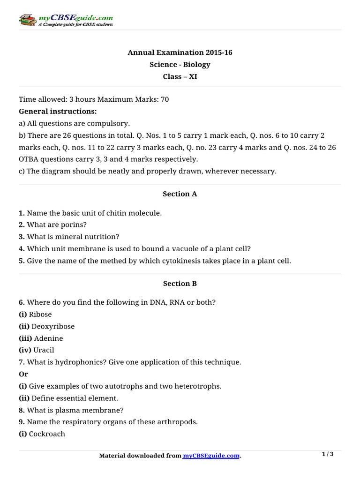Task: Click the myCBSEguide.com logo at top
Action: (x=65, y=20)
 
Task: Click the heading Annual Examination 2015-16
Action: (x=180, y=52)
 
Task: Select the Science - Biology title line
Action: (x=180, y=65)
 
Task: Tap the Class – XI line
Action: (x=180, y=76)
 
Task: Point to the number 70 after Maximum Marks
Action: (x=165, y=99)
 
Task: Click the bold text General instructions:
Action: (x=58, y=112)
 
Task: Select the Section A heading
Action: (x=180, y=194)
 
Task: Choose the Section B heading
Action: (x=180, y=284)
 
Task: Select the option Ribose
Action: (x=40, y=315)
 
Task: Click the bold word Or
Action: (x=23, y=374)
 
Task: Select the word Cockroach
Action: (x=47, y=434)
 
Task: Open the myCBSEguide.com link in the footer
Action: (x=211, y=456)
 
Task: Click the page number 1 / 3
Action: (x=328, y=454)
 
